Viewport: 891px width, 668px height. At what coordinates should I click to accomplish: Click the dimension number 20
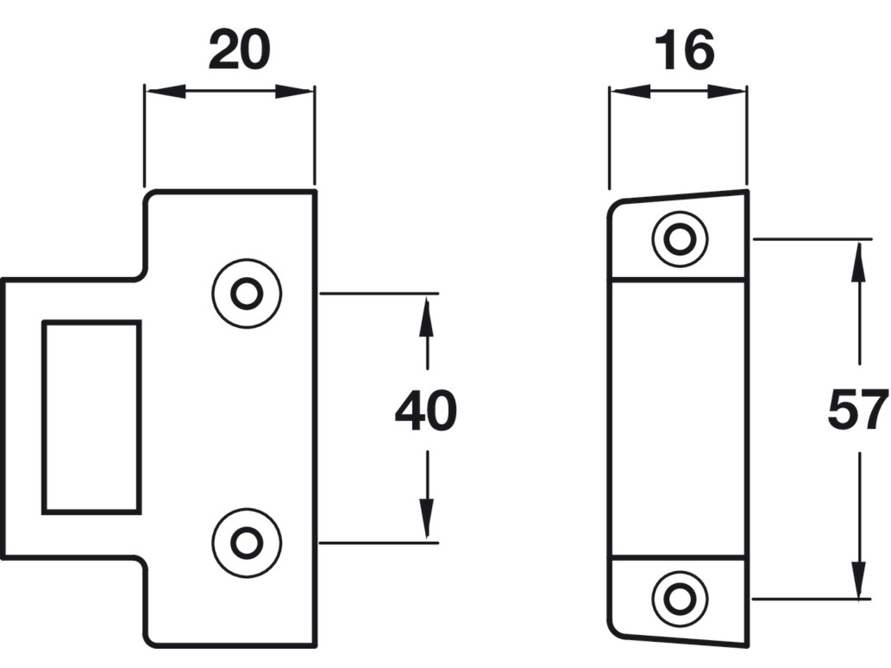click(x=240, y=49)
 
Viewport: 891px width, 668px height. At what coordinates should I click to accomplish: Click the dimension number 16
click(x=685, y=49)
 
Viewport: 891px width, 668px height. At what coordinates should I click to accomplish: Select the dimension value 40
click(x=426, y=411)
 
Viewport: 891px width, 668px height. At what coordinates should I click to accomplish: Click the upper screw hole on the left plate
click(x=247, y=294)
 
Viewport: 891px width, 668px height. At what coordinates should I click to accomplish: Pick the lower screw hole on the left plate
click(x=247, y=543)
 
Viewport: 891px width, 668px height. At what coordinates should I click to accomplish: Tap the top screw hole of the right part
click(x=680, y=239)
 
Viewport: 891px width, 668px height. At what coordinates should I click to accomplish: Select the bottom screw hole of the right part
click(x=680, y=599)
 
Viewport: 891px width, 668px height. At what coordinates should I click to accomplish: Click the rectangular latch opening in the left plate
click(x=92, y=418)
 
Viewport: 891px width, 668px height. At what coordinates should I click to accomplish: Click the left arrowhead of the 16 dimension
click(x=630, y=92)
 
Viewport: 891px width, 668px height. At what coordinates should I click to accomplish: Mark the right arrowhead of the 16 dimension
click(x=727, y=92)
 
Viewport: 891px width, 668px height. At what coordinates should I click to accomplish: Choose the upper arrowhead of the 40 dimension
click(x=427, y=317)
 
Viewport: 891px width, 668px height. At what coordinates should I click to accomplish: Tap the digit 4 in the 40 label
click(x=411, y=411)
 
